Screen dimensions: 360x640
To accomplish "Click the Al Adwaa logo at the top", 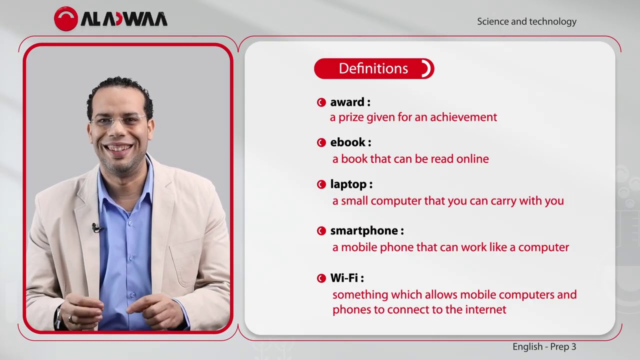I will (x=110, y=19).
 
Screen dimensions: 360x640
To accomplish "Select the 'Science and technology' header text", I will (x=526, y=21).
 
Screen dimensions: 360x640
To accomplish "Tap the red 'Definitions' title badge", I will (x=373, y=68).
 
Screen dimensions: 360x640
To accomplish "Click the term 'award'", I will (x=347, y=102).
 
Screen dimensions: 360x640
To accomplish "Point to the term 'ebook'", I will (x=347, y=142).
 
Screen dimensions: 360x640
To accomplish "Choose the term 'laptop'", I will (x=348, y=184).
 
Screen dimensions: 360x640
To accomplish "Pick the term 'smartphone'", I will (x=363, y=230).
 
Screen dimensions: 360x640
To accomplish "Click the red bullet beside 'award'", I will (x=321, y=102).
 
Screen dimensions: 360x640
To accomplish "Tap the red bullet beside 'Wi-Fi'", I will (x=321, y=278).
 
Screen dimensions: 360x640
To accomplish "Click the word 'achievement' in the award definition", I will (x=463, y=117).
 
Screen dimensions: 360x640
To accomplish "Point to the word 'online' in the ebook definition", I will (x=472, y=159).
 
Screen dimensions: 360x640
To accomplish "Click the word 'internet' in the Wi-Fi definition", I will (x=485, y=309).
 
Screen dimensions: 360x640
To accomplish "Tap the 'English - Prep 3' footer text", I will (x=544, y=346).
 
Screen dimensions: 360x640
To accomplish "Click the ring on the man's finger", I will (x=71, y=318).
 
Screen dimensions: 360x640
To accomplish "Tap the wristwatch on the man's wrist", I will (x=59, y=316).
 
